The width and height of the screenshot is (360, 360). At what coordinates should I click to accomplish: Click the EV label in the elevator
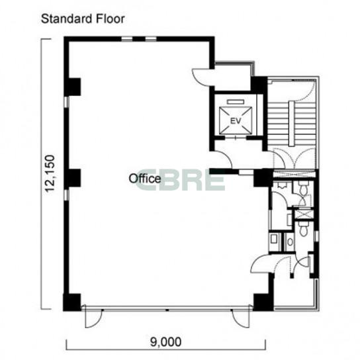click(x=236, y=120)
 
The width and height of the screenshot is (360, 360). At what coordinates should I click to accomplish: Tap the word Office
click(x=145, y=179)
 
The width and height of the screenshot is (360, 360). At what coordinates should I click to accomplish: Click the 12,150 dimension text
click(x=50, y=173)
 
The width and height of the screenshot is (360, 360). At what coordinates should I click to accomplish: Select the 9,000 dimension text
click(x=165, y=342)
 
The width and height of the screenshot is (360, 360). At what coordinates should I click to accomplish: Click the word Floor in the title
click(x=111, y=19)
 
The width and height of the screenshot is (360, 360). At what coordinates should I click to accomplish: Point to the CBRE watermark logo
click(x=180, y=179)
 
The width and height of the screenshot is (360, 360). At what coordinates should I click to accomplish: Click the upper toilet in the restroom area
click(x=304, y=189)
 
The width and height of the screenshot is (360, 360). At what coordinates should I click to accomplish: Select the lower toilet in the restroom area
click(x=303, y=229)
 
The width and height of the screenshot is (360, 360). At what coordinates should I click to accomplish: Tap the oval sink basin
click(x=291, y=242)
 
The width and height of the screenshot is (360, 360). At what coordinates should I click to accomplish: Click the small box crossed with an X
click(x=303, y=213)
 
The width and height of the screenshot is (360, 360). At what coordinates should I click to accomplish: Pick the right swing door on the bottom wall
click(x=241, y=318)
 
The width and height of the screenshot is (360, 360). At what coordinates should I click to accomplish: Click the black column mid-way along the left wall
click(x=74, y=178)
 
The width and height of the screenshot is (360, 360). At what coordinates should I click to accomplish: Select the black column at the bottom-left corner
click(x=72, y=302)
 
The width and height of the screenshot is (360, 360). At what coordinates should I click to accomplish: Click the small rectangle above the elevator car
click(x=235, y=102)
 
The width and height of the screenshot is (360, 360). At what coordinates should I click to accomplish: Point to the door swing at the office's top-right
click(x=202, y=77)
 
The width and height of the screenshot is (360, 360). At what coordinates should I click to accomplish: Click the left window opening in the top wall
click(x=127, y=39)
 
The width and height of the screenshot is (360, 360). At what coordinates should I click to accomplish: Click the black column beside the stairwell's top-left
click(x=259, y=84)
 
